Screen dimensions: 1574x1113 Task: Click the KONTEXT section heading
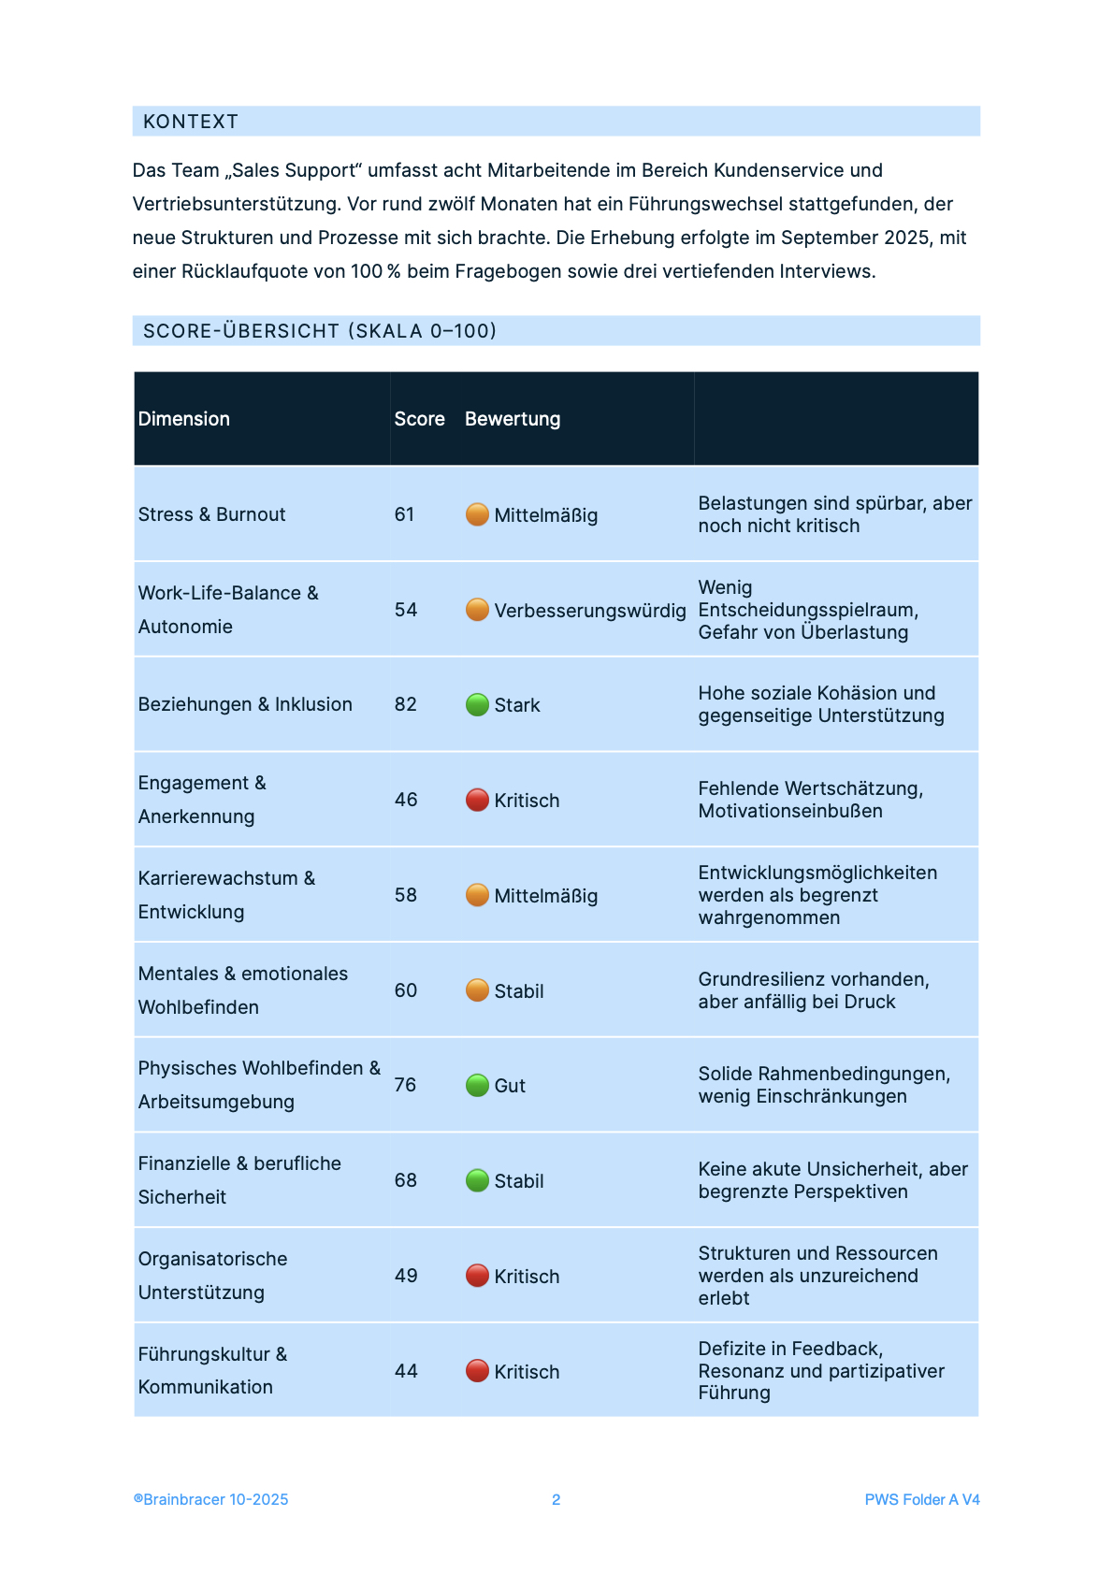pos(191,122)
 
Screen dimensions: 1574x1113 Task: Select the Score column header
pos(419,419)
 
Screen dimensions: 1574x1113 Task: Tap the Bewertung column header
pos(513,419)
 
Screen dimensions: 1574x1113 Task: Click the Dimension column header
pos(184,419)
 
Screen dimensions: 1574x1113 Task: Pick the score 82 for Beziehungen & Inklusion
pos(406,704)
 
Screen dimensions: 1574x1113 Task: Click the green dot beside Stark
pos(477,704)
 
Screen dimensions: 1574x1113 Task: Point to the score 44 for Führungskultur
pos(406,1371)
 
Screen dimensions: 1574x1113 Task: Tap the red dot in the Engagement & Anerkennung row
pos(477,800)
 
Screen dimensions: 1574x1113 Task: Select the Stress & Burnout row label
pos(212,514)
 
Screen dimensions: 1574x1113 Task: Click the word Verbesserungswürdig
pos(590,611)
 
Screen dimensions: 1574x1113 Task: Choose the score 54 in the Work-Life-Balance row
pos(406,610)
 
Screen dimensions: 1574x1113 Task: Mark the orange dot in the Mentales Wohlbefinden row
pos(477,990)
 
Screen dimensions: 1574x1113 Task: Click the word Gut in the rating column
pos(510,1086)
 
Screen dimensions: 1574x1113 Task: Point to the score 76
pos(405,1085)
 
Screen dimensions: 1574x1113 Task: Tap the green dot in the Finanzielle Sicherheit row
pos(477,1180)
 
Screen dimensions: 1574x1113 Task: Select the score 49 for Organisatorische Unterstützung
pos(406,1276)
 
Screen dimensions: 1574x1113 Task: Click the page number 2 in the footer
pos(556,1500)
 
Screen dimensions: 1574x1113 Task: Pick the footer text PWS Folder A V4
pos(922,1500)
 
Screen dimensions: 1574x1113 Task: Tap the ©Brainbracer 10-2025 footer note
pos(211,1500)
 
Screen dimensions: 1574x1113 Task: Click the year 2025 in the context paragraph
pos(906,238)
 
